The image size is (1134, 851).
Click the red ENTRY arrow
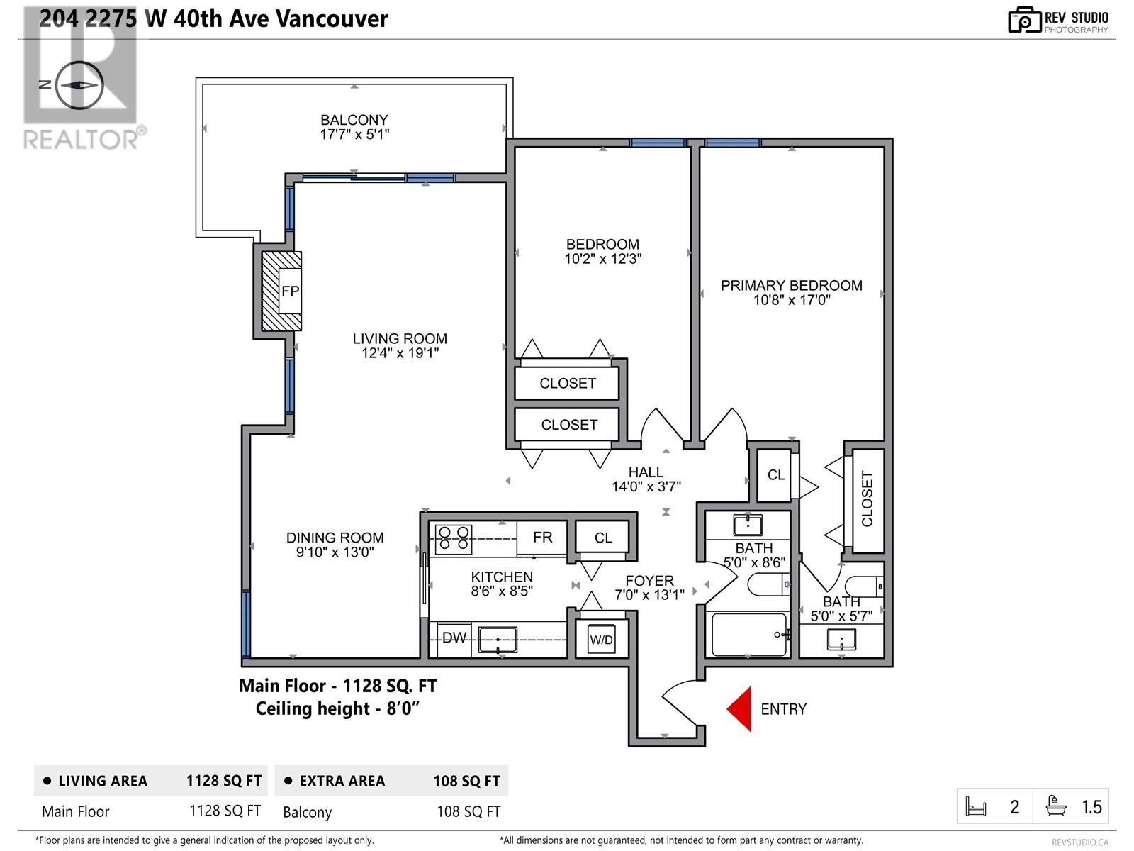(x=741, y=708)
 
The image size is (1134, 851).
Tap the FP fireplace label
(x=290, y=291)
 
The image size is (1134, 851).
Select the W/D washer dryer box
(x=601, y=640)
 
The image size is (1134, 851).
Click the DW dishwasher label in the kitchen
(x=454, y=638)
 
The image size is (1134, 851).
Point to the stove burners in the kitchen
(x=453, y=538)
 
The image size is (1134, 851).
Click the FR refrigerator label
(x=542, y=538)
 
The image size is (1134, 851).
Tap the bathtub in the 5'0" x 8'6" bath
(x=749, y=635)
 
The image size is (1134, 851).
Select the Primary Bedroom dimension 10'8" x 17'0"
(x=791, y=301)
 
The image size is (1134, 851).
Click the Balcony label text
(x=354, y=120)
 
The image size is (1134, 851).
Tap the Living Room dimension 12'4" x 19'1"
(x=400, y=353)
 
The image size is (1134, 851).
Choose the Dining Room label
(x=335, y=538)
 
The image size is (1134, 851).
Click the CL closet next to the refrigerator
(x=602, y=538)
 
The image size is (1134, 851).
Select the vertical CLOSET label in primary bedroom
(x=868, y=499)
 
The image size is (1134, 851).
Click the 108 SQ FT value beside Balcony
(x=468, y=811)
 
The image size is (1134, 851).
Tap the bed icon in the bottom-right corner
(x=977, y=806)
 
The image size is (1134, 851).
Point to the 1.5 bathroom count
(x=1091, y=807)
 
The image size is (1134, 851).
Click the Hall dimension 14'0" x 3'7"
(x=646, y=486)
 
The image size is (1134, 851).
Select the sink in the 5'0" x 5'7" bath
(x=841, y=639)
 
